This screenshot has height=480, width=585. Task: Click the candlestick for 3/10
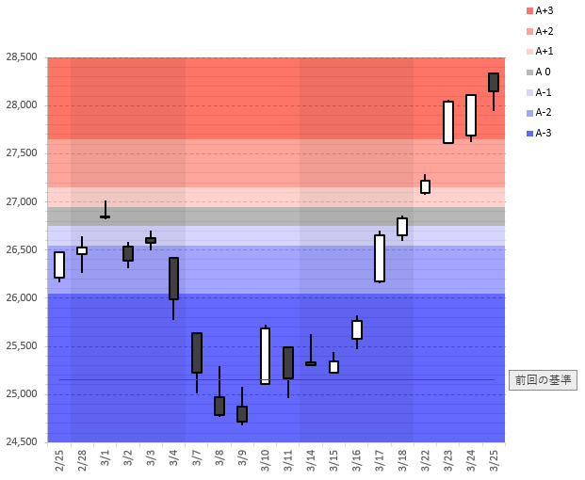coord(266,356)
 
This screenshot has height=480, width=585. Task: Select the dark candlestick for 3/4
coord(173,279)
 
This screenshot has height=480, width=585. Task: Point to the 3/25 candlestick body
coord(494,82)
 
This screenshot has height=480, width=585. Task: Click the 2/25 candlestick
coord(59,264)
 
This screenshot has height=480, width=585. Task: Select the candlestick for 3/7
coord(197,353)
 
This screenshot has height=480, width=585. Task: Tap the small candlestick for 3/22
coord(425,186)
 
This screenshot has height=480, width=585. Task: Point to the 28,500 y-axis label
coord(21,57)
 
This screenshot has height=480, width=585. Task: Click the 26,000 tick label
coord(21,298)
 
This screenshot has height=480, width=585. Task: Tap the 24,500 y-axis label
coord(21,442)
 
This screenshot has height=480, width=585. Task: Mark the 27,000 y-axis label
coord(21,202)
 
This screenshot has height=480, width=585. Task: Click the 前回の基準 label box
coord(542,380)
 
